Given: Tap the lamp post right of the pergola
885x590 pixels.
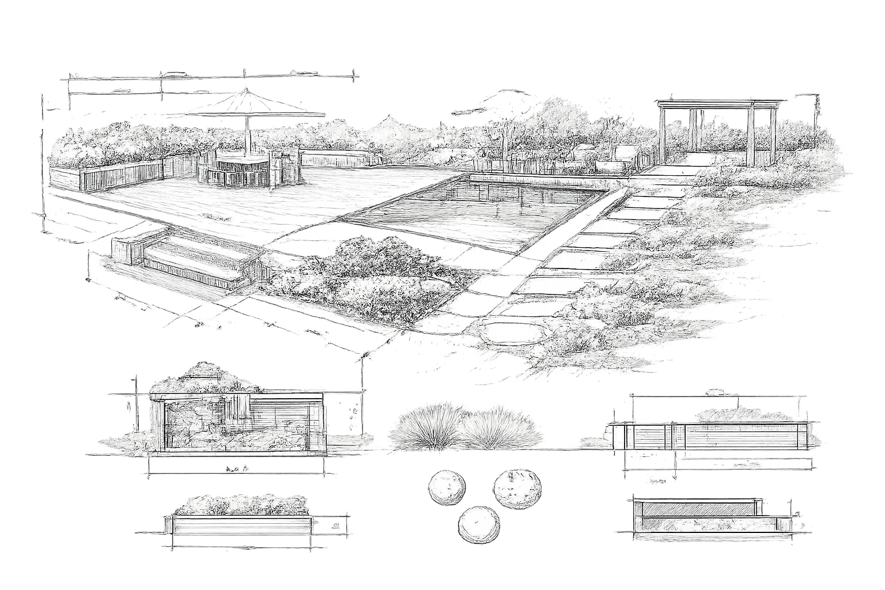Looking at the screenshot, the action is click(x=816, y=121).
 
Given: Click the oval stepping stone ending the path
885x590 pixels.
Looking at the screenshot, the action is click(x=509, y=332).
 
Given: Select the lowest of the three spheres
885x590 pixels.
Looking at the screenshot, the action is click(x=479, y=524).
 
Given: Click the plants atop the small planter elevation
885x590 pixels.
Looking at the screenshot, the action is click(x=241, y=505).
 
